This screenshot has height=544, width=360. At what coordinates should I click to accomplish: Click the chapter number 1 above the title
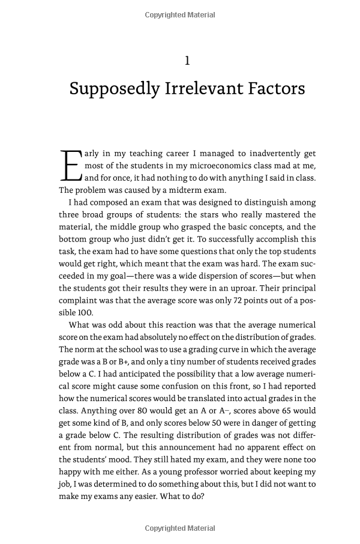click(x=187, y=60)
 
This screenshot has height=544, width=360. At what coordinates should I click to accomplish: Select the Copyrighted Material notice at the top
click(x=180, y=15)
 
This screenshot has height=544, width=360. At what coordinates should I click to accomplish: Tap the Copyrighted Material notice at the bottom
click(x=180, y=528)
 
